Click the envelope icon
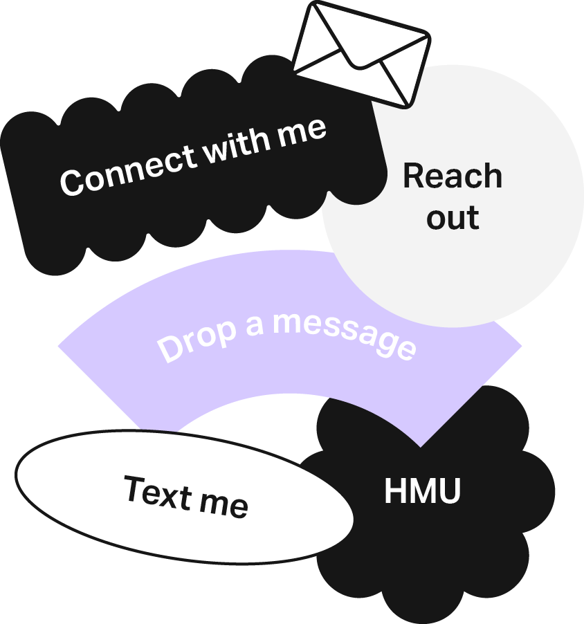[x=361, y=53]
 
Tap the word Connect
[x=128, y=169]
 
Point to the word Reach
[x=453, y=176]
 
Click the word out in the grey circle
[x=453, y=218]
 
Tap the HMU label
[x=422, y=492]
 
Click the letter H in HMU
[x=395, y=492]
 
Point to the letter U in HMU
[x=449, y=492]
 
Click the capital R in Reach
[x=413, y=176]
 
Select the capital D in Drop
[x=168, y=349]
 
